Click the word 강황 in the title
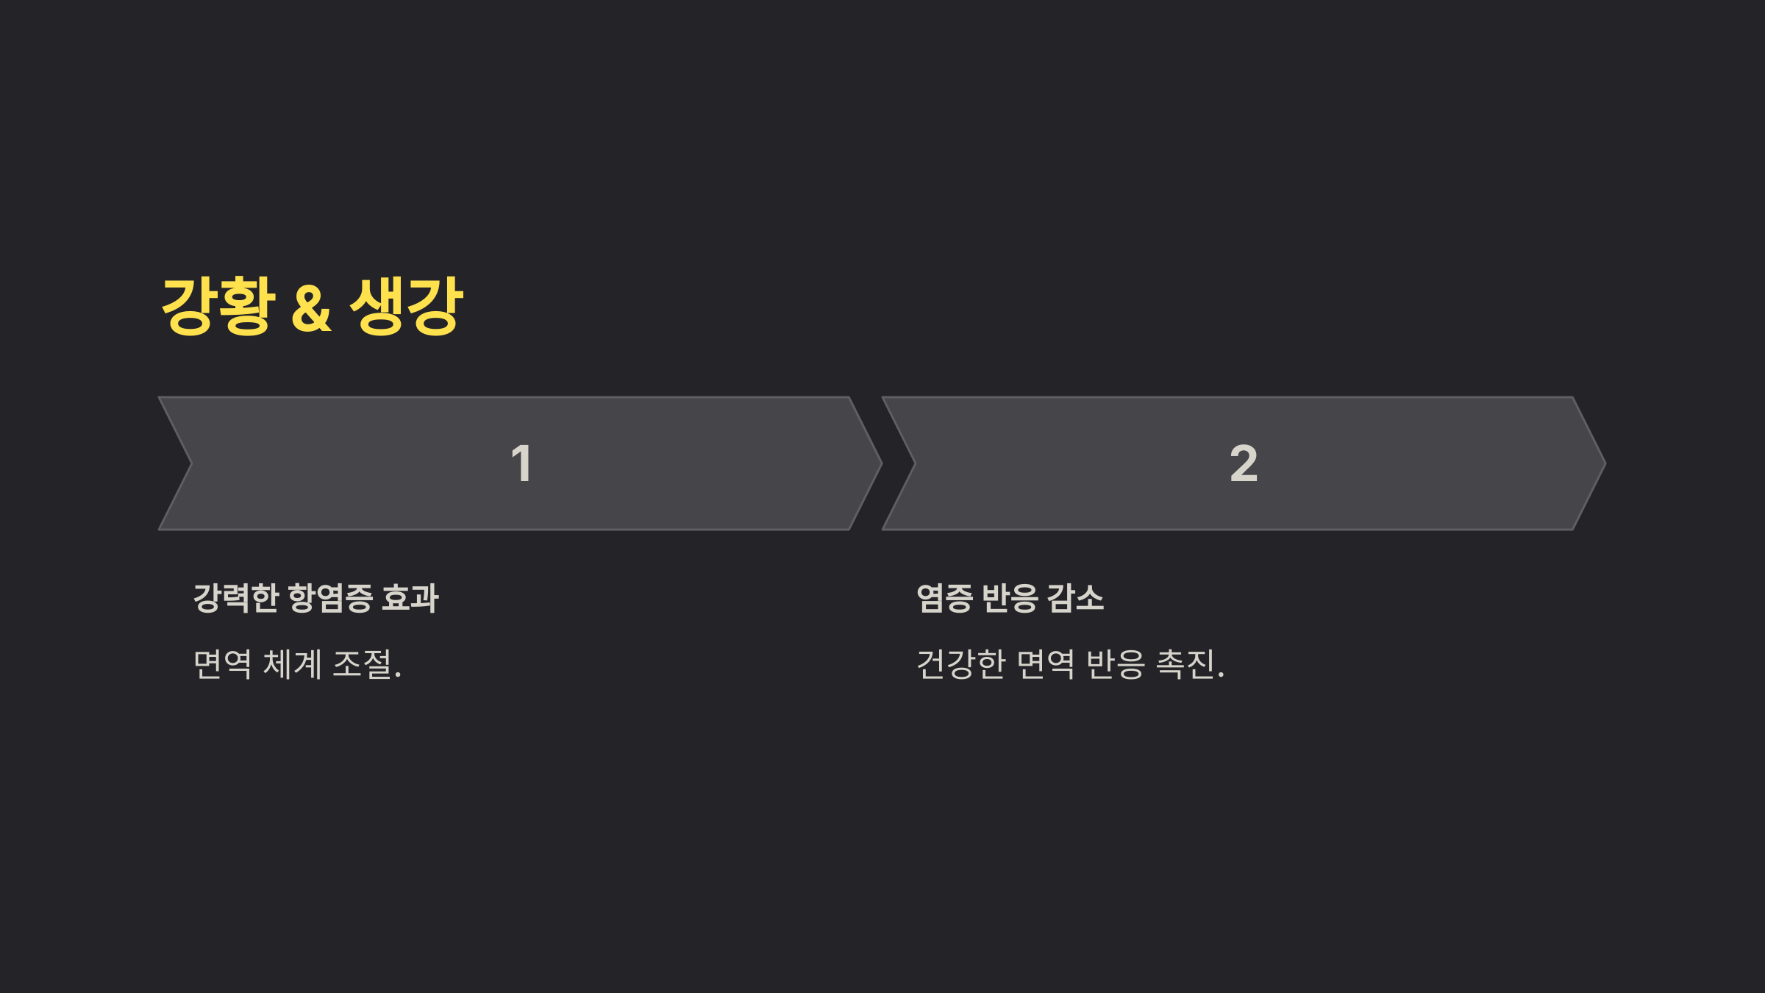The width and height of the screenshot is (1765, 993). pos(218,306)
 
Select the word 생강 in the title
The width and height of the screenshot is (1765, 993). pos(406,306)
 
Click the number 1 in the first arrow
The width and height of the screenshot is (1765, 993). pos(521,464)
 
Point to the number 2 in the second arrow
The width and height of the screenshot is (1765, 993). pos(1244,464)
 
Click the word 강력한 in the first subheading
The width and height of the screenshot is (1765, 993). pos(235,598)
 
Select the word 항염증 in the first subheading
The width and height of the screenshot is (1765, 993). pos(330,598)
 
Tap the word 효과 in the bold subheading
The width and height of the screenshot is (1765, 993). pos(410,598)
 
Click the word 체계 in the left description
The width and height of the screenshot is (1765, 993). pos(292,664)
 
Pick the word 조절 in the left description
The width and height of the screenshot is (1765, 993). pos(362,664)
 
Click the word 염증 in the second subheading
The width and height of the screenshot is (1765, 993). pos(945,598)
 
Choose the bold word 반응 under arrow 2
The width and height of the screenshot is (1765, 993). pos(1010,598)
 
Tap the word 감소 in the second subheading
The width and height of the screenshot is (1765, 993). pos(1075,598)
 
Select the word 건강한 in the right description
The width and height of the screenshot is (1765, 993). pos(960,664)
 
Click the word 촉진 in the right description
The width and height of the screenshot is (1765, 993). pos(1185,664)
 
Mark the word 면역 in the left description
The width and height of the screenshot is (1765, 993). pos(222,664)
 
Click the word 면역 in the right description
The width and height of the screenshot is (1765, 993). pos(1046,664)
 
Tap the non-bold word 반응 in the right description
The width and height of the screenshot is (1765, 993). pos(1116,664)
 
